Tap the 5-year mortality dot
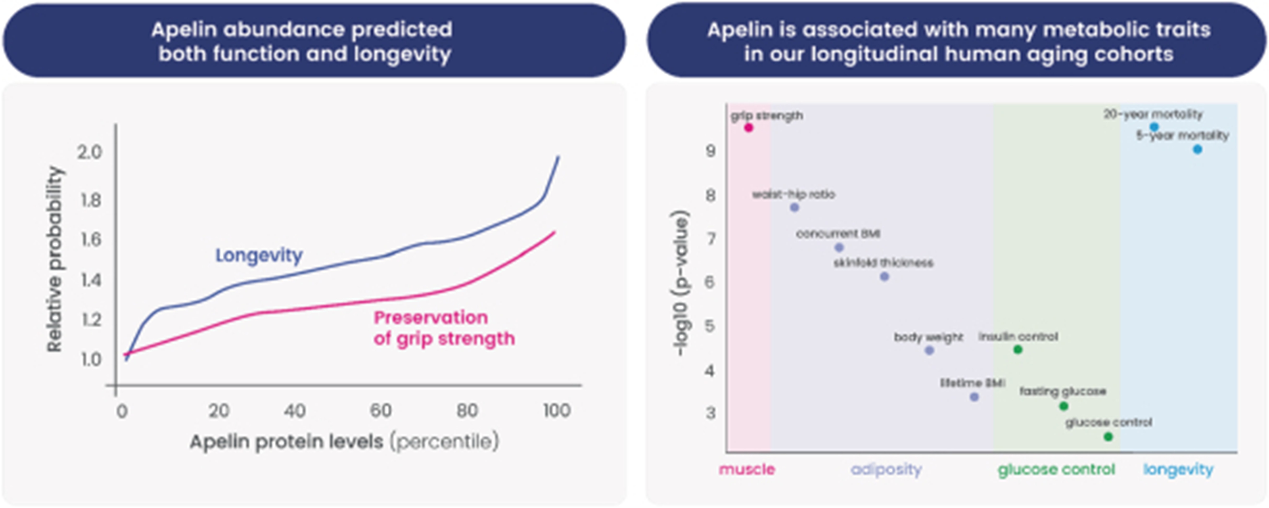[x=1198, y=149]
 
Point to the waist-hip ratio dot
[x=794, y=207]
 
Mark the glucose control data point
[x=1108, y=437]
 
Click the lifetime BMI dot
[x=974, y=397]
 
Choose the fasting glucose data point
[x=1064, y=406]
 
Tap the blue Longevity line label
[x=259, y=255]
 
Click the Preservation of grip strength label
[x=443, y=328]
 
